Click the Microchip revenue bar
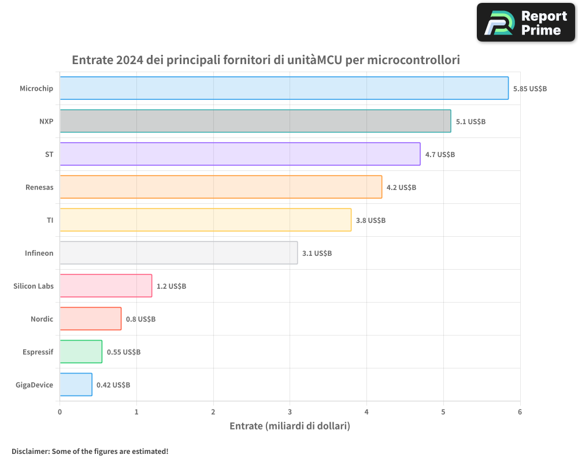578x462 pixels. click(284, 88)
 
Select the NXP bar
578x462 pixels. click(255, 121)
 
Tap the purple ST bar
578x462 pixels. click(240, 154)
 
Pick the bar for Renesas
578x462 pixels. click(221, 187)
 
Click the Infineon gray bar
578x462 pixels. click(179, 253)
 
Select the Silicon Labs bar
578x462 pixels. click(106, 286)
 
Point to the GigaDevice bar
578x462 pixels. click(76, 385)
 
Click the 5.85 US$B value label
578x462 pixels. click(529, 89)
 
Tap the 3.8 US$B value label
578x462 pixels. click(370, 221)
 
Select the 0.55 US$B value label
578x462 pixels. click(123, 352)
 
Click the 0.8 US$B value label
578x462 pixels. click(140, 319)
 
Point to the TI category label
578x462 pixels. click(50, 220)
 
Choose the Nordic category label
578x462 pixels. click(42, 319)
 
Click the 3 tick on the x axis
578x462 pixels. click(290, 412)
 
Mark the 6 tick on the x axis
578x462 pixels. click(520, 412)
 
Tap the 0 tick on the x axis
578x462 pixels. click(60, 412)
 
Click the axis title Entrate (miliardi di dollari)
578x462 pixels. click(290, 426)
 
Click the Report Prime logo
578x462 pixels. click(526, 23)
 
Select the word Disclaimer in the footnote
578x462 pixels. click(29, 451)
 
